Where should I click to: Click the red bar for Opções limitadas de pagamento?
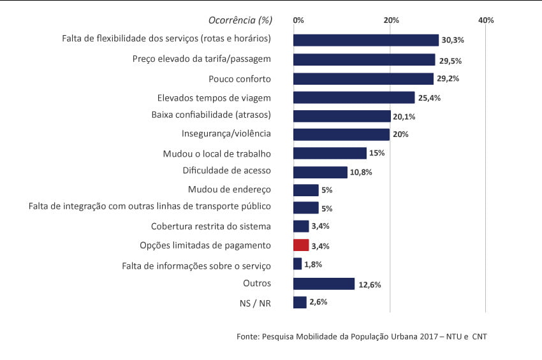(x=301, y=245)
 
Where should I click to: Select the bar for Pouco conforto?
(x=363, y=79)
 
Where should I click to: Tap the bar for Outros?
(x=323, y=284)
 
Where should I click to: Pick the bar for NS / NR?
(x=300, y=302)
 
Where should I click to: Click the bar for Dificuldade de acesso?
(x=320, y=172)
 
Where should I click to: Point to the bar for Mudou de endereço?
(x=305, y=190)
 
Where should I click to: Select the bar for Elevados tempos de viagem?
(x=354, y=97)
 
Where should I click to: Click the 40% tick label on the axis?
(x=486, y=20)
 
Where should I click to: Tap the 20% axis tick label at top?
(x=391, y=20)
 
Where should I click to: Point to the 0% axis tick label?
(x=298, y=20)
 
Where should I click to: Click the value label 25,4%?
(x=429, y=98)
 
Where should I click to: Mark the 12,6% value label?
(x=370, y=285)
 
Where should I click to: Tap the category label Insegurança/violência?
(x=226, y=134)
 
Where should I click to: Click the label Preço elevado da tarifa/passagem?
(x=201, y=59)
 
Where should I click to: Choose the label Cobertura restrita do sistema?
(x=211, y=226)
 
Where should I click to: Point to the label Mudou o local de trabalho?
(x=217, y=154)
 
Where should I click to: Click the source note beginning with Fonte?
(x=361, y=336)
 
